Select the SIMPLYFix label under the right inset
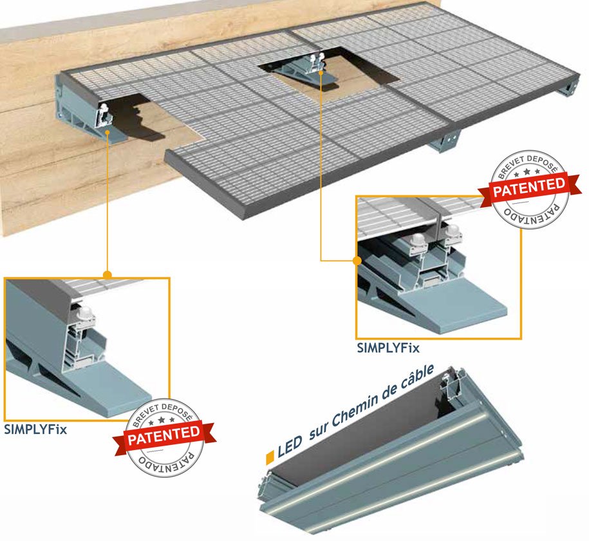coord(388,348)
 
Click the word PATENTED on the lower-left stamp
coord(164,435)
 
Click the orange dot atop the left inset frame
coord(108,275)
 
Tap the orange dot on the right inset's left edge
coord(356,261)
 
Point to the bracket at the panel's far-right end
coord(569,86)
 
